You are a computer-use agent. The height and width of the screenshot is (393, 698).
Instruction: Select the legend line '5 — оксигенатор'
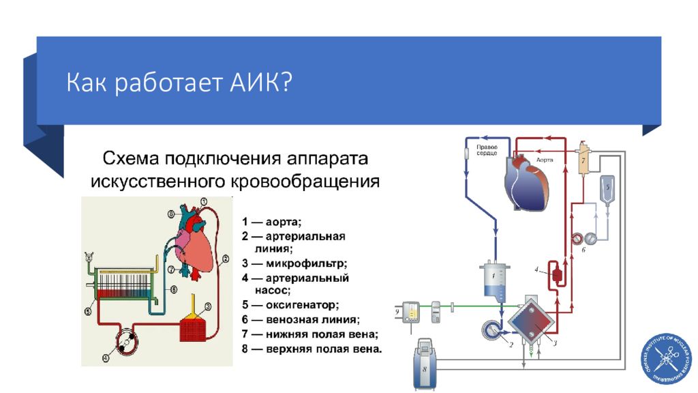(x=290, y=305)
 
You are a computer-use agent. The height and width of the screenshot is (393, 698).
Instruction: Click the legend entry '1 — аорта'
(x=271, y=222)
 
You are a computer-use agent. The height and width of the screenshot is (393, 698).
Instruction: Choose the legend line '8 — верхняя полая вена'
(x=312, y=349)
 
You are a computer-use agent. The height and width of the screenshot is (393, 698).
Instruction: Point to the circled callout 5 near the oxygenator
(x=88, y=312)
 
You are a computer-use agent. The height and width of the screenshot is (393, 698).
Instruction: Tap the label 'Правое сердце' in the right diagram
(x=488, y=150)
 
